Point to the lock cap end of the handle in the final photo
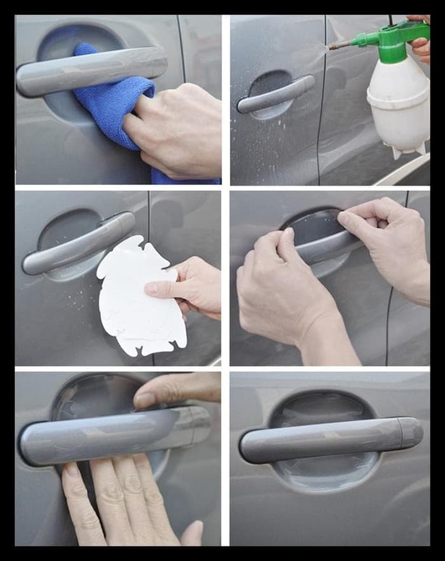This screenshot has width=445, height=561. pyautogui.click(x=411, y=433)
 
